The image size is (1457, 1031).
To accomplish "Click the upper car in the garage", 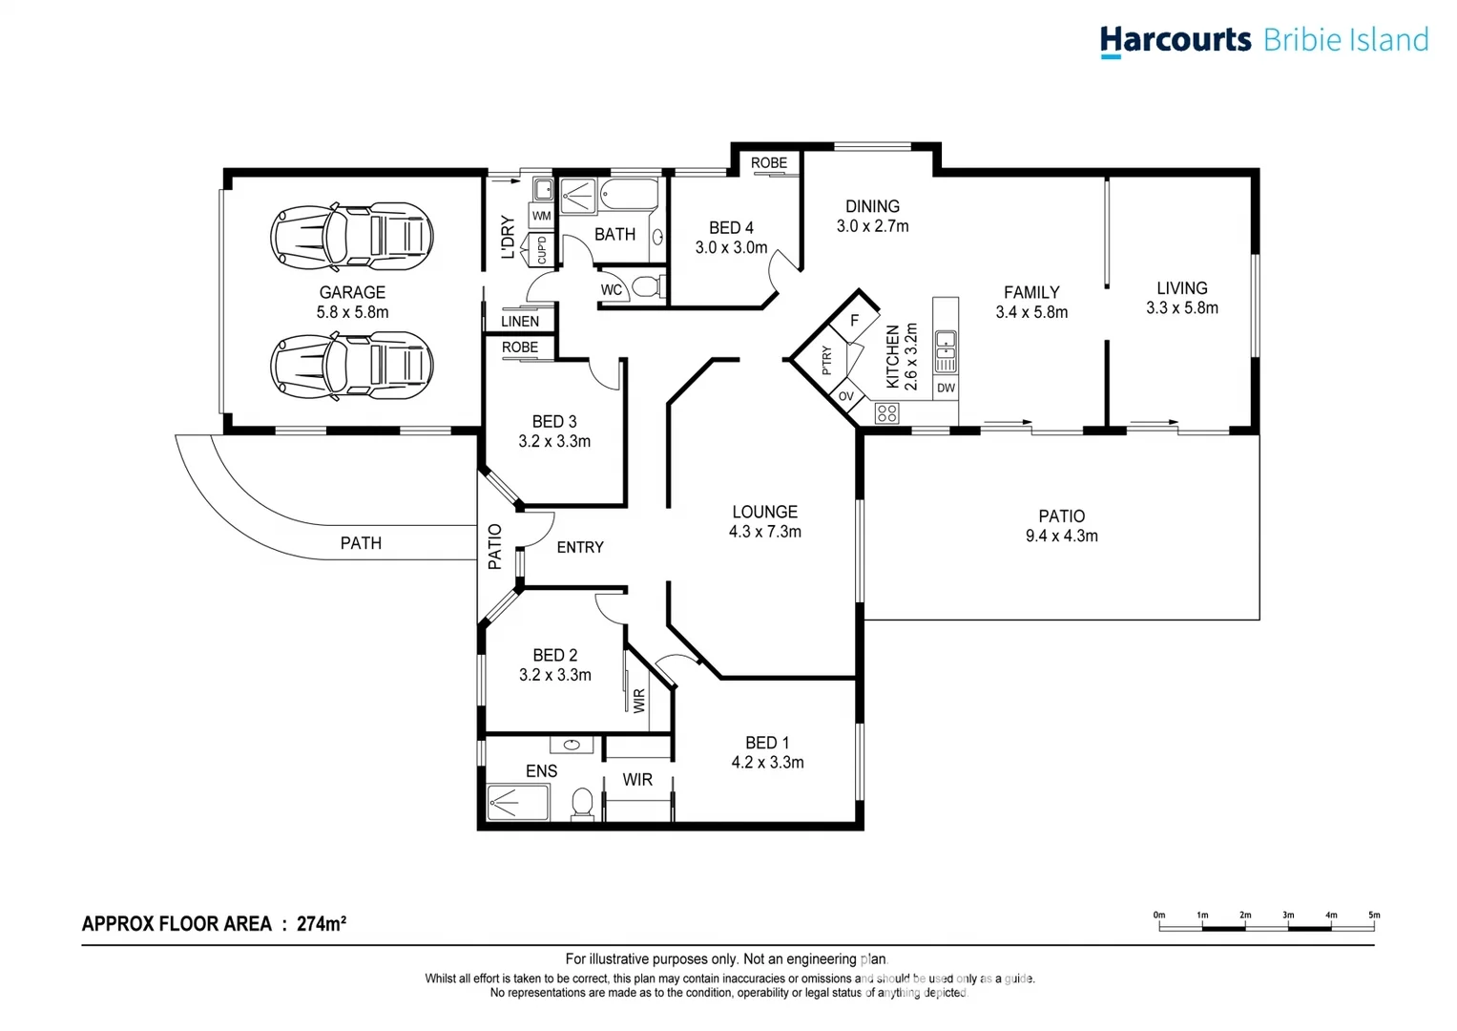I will (x=352, y=235).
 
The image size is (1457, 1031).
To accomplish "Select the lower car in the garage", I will (x=352, y=366).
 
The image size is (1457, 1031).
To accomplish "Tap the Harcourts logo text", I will (x=1175, y=40).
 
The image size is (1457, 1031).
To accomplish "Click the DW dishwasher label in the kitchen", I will (x=946, y=388).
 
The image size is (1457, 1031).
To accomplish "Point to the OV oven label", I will (x=846, y=396).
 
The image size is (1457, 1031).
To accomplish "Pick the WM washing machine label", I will (x=542, y=216).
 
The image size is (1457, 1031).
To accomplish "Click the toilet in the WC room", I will (x=646, y=286).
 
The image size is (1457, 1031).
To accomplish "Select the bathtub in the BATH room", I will (x=630, y=196).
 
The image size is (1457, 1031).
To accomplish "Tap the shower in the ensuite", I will (x=518, y=803).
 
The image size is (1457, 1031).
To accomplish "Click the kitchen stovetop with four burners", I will (x=886, y=412).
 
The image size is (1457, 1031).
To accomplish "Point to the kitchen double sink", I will (x=946, y=350).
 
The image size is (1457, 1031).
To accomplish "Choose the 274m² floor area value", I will (x=321, y=923).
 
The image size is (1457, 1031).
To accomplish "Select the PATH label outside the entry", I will (x=361, y=543).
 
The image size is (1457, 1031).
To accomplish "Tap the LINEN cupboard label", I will (x=520, y=322).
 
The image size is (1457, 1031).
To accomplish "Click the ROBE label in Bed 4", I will (x=769, y=163).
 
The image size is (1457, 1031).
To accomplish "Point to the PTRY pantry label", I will (x=827, y=360).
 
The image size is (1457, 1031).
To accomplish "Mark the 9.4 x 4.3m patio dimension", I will (x=1061, y=537).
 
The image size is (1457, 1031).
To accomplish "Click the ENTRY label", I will (x=580, y=547).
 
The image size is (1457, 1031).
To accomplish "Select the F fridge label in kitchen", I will (x=854, y=321).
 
